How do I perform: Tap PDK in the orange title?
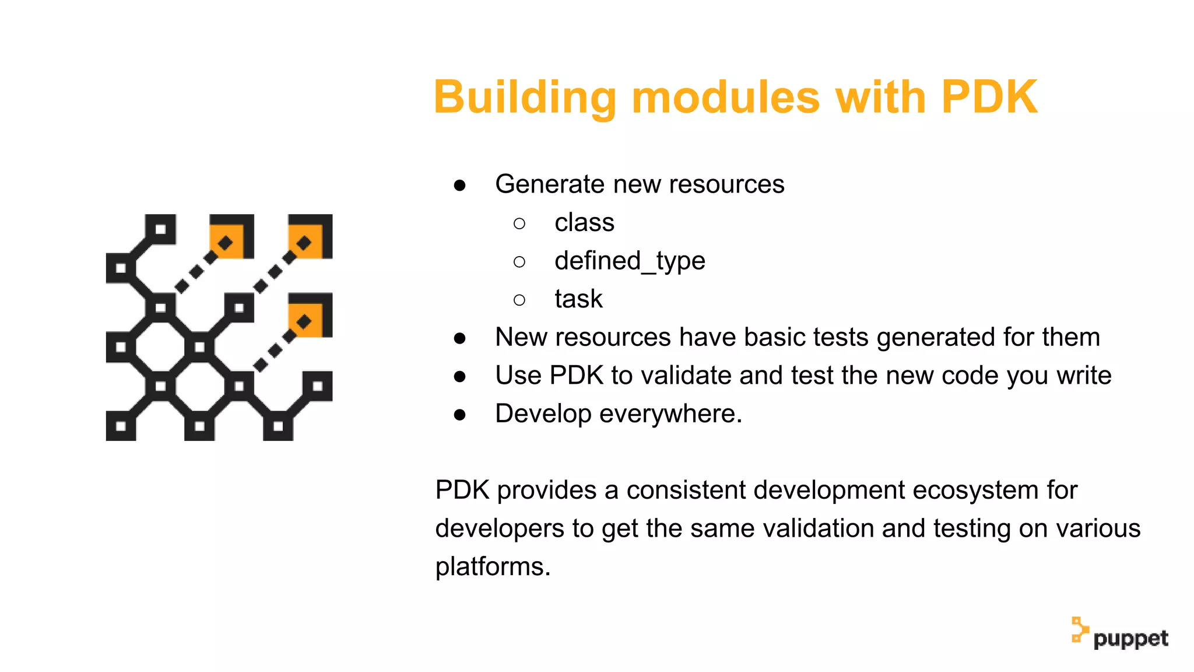point(989,97)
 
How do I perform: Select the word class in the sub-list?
point(584,223)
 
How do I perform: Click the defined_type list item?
point(630,261)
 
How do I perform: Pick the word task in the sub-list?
point(578,299)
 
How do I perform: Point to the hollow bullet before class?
point(519,223)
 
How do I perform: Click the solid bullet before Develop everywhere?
point(460,415)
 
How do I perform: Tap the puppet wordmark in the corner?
point(1130,639)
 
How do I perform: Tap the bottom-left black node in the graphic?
point(121,426)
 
